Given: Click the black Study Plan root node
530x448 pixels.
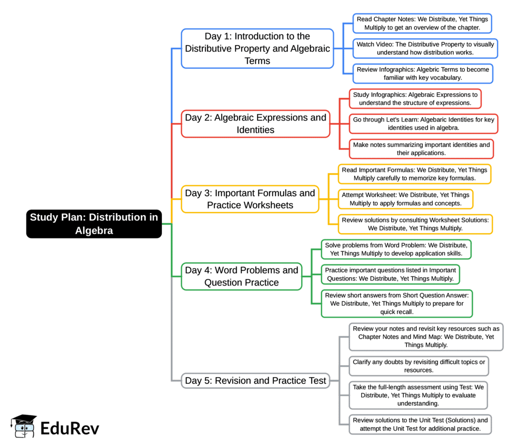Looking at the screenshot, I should click(94, 223).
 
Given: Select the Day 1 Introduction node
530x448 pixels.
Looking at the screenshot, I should click(257, 49).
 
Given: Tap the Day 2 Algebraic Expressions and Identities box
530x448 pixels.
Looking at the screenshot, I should click(255, 124).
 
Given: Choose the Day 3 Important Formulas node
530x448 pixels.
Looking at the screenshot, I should click(250, 199).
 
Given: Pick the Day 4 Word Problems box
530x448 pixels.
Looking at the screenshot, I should click(241, 276).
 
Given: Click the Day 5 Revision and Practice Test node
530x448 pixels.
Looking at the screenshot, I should click(256, 381).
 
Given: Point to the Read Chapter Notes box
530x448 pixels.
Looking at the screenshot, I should click(422, 23).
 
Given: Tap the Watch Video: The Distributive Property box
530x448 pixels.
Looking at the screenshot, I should click(425, 49).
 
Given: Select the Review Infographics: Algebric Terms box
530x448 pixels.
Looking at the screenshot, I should click(422, 73).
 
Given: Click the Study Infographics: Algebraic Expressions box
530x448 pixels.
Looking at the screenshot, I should click(415, 98).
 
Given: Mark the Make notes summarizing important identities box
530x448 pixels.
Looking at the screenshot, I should click(421, 149).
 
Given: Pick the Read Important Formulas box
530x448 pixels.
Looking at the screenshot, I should click(414, 174).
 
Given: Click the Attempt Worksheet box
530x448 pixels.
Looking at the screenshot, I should click(405, 199).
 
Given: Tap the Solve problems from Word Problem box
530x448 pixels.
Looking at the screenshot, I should click(396, 249).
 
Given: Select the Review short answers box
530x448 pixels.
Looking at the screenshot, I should click(396, 304).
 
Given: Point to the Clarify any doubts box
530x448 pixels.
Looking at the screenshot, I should click(418, 366).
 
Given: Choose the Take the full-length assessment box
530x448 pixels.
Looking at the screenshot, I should click(418, 395).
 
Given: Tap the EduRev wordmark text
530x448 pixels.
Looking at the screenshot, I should click(69, 428).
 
